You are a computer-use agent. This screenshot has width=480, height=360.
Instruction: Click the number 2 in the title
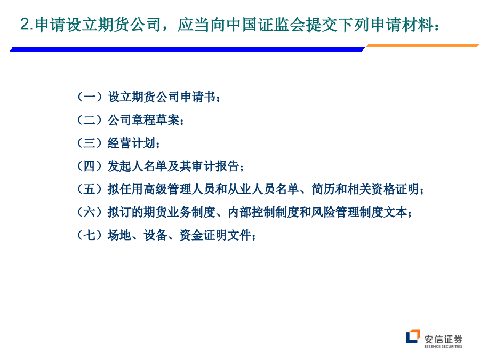(x=25, y=24)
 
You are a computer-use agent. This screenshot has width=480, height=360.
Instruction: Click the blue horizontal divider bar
(x=187, y=49)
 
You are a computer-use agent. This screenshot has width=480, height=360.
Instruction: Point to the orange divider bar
(x=422, y=46)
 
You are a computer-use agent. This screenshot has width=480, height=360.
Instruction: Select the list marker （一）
(x=90, y=97)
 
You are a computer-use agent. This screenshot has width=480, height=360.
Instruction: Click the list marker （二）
(x=90, y=119)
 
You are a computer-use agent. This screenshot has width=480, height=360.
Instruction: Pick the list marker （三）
(x=90, y=142)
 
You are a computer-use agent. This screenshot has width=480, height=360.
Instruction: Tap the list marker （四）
(x=90, y=166)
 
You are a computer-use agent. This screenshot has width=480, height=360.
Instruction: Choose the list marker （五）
(x=90, y=189)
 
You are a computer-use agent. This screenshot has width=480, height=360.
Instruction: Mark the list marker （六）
(x=90, y=212)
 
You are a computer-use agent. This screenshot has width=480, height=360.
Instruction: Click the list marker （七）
(x=90, y=235)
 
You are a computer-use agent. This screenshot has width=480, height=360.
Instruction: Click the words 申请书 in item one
(x=198, y=97)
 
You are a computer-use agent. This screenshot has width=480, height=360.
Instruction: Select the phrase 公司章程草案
(x=143, y=119)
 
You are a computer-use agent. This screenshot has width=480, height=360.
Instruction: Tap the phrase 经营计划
(x=132, y=142)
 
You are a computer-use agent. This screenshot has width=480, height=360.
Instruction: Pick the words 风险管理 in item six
(x=335, y=212)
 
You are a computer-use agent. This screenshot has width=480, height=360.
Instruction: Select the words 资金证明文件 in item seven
(x=215, y=235)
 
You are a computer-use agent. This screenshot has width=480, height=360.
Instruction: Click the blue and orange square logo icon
(x=413, y=337)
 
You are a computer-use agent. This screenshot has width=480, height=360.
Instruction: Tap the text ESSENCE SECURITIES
(x=443, y=346)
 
